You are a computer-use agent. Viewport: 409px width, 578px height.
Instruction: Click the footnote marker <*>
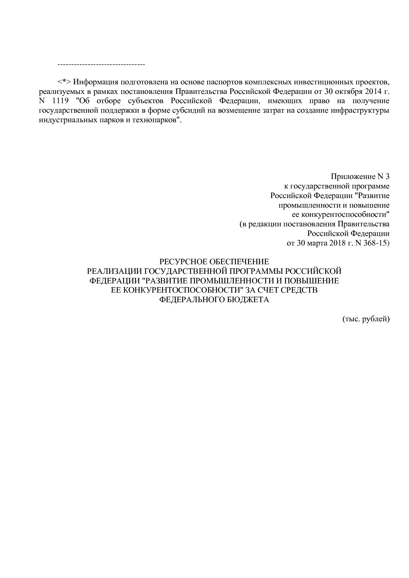click(64, 82)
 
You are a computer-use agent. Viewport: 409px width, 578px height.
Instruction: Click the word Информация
click(96, 82)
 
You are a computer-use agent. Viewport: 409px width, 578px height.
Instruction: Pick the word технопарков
click(159, 120)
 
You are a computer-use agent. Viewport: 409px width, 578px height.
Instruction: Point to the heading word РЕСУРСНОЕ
click(180, 262)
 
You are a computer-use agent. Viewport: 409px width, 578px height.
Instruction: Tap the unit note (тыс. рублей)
click(366, 319)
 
